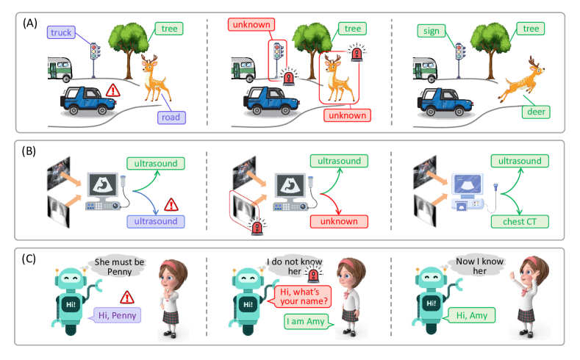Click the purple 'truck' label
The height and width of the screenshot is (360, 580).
pos(62,32)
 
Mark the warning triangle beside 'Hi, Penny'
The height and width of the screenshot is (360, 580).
pos(129,297)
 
